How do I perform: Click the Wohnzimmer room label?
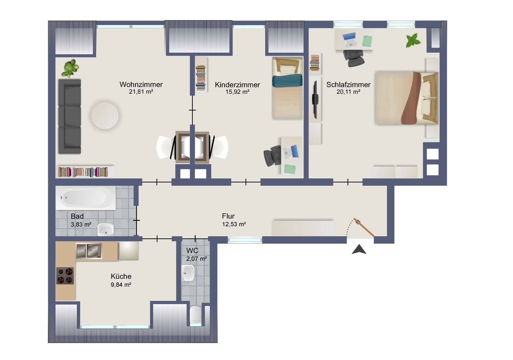(141, 84)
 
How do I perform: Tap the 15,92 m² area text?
(237, 92)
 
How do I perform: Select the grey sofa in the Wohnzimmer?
(70, 116)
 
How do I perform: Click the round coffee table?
(105, 116)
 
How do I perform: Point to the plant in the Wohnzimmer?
(70, 68)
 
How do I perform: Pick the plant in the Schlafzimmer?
(413, 40)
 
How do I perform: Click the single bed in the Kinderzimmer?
(287, 88)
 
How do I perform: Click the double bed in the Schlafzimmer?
(406, 98)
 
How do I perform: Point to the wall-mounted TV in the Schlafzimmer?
(315, 99)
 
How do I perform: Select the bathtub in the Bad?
(86, 198)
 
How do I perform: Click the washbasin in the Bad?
(106, 229)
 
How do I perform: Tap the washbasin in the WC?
(188, 273)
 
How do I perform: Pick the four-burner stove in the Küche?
(65, 276)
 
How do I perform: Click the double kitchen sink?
(89, 251)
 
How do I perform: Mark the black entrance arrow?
(359, 250)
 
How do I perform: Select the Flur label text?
(228, 216)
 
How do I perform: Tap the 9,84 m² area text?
(121, 284)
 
